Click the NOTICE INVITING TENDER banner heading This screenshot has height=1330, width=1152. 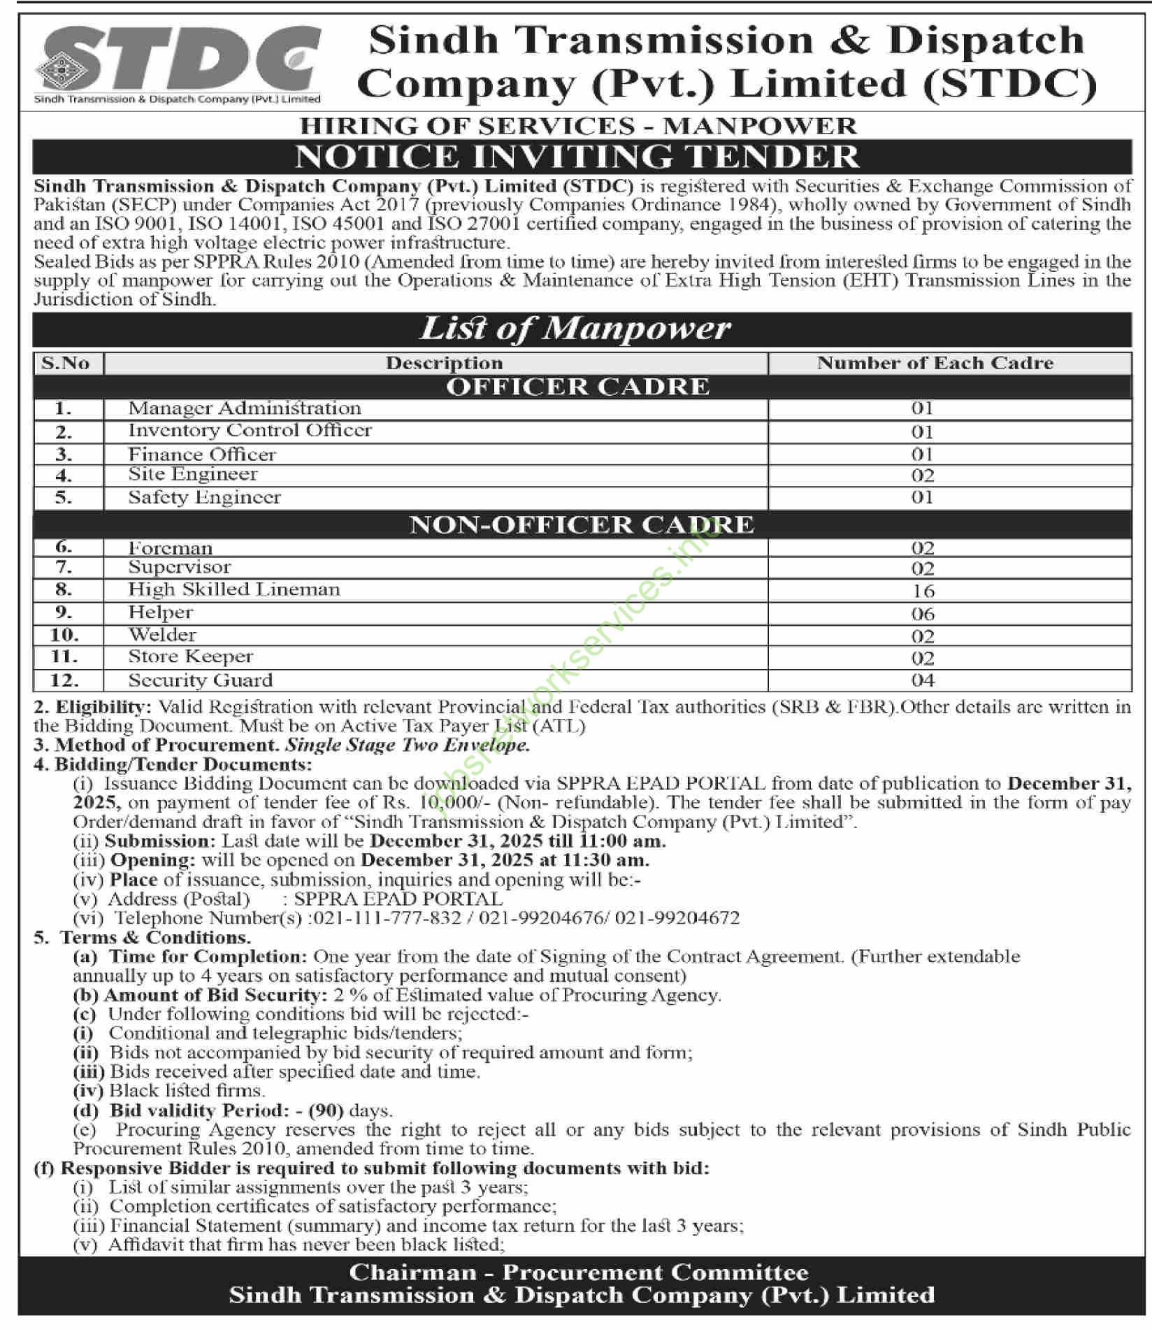[577, 157]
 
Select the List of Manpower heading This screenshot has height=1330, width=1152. [575, 329]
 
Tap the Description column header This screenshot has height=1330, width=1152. [444, 363]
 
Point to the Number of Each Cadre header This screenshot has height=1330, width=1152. [935, 363]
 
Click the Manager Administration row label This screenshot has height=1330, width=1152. [244, 408]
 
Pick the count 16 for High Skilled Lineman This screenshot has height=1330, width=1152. [923, 592]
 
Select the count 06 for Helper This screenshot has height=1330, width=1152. [923, 614]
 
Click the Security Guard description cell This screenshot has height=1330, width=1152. [200, 680]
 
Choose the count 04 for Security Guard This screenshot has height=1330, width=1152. [923, 680]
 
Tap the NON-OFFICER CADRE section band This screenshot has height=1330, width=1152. [582, 525]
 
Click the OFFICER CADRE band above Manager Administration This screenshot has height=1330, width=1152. [577, 387]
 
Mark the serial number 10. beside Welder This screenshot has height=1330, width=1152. [64, 635]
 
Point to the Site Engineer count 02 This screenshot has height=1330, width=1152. [923, 476]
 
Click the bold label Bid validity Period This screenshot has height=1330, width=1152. [199, 1110]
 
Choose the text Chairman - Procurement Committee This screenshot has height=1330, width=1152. [579, 1272]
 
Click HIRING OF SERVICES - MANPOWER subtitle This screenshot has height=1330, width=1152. [578, 126]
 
